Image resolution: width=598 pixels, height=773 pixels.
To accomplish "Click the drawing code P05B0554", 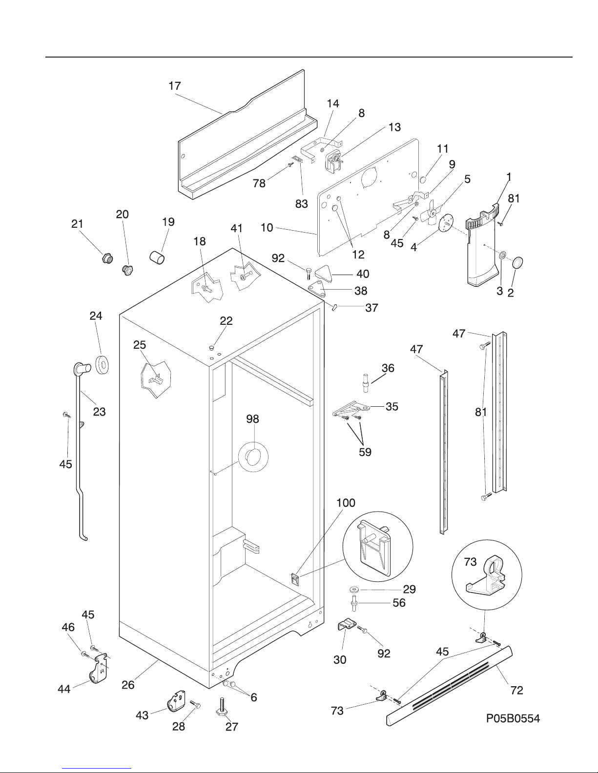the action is click(513, 718).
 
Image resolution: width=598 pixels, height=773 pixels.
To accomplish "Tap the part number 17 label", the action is click(174, 86).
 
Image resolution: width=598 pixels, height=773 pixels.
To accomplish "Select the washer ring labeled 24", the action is click(102, 365).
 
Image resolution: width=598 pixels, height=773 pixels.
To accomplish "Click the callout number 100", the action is click(346, 503).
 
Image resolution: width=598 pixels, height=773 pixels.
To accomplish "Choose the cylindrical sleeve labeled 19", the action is click(157, 258).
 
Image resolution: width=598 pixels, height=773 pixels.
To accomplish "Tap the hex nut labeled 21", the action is click(107, 258).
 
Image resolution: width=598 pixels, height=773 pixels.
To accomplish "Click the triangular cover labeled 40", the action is click(324, 274).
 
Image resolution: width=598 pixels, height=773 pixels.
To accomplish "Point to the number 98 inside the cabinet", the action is click(253, 419).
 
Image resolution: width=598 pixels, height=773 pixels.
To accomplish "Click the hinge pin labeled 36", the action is click(365, 382).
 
